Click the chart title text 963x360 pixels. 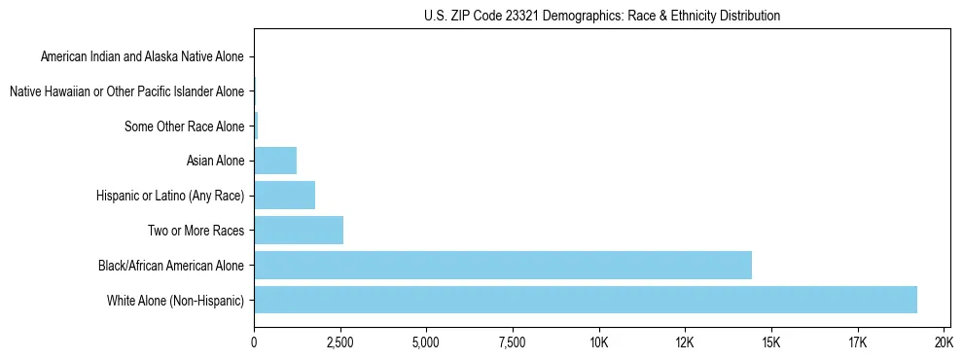point(601,16)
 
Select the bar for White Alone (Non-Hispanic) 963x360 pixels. point(585,300)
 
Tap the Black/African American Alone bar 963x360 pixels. point(502,265)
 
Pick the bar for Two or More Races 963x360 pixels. point(299,231)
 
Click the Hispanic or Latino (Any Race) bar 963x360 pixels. point(284,196)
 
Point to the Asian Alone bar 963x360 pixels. point(275,161)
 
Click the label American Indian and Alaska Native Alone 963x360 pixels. point(143,56)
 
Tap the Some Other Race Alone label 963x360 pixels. point(185,126)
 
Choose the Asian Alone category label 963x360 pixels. point(215,161)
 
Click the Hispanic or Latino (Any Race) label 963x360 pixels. point(170,196)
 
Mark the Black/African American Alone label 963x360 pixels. point(171,265)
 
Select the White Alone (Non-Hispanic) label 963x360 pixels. point(176,300)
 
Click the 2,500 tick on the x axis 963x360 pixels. point(339,342)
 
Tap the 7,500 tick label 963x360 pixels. point(512,342)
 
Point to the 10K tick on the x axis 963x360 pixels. point(598,342)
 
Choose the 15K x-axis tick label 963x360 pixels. point(770,342)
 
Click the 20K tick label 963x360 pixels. point(943,342)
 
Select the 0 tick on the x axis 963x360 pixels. point(254,342)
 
